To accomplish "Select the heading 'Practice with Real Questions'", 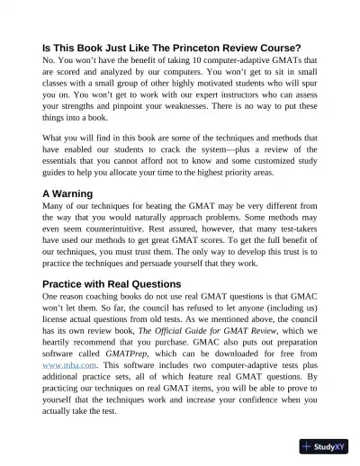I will (112, 283).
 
